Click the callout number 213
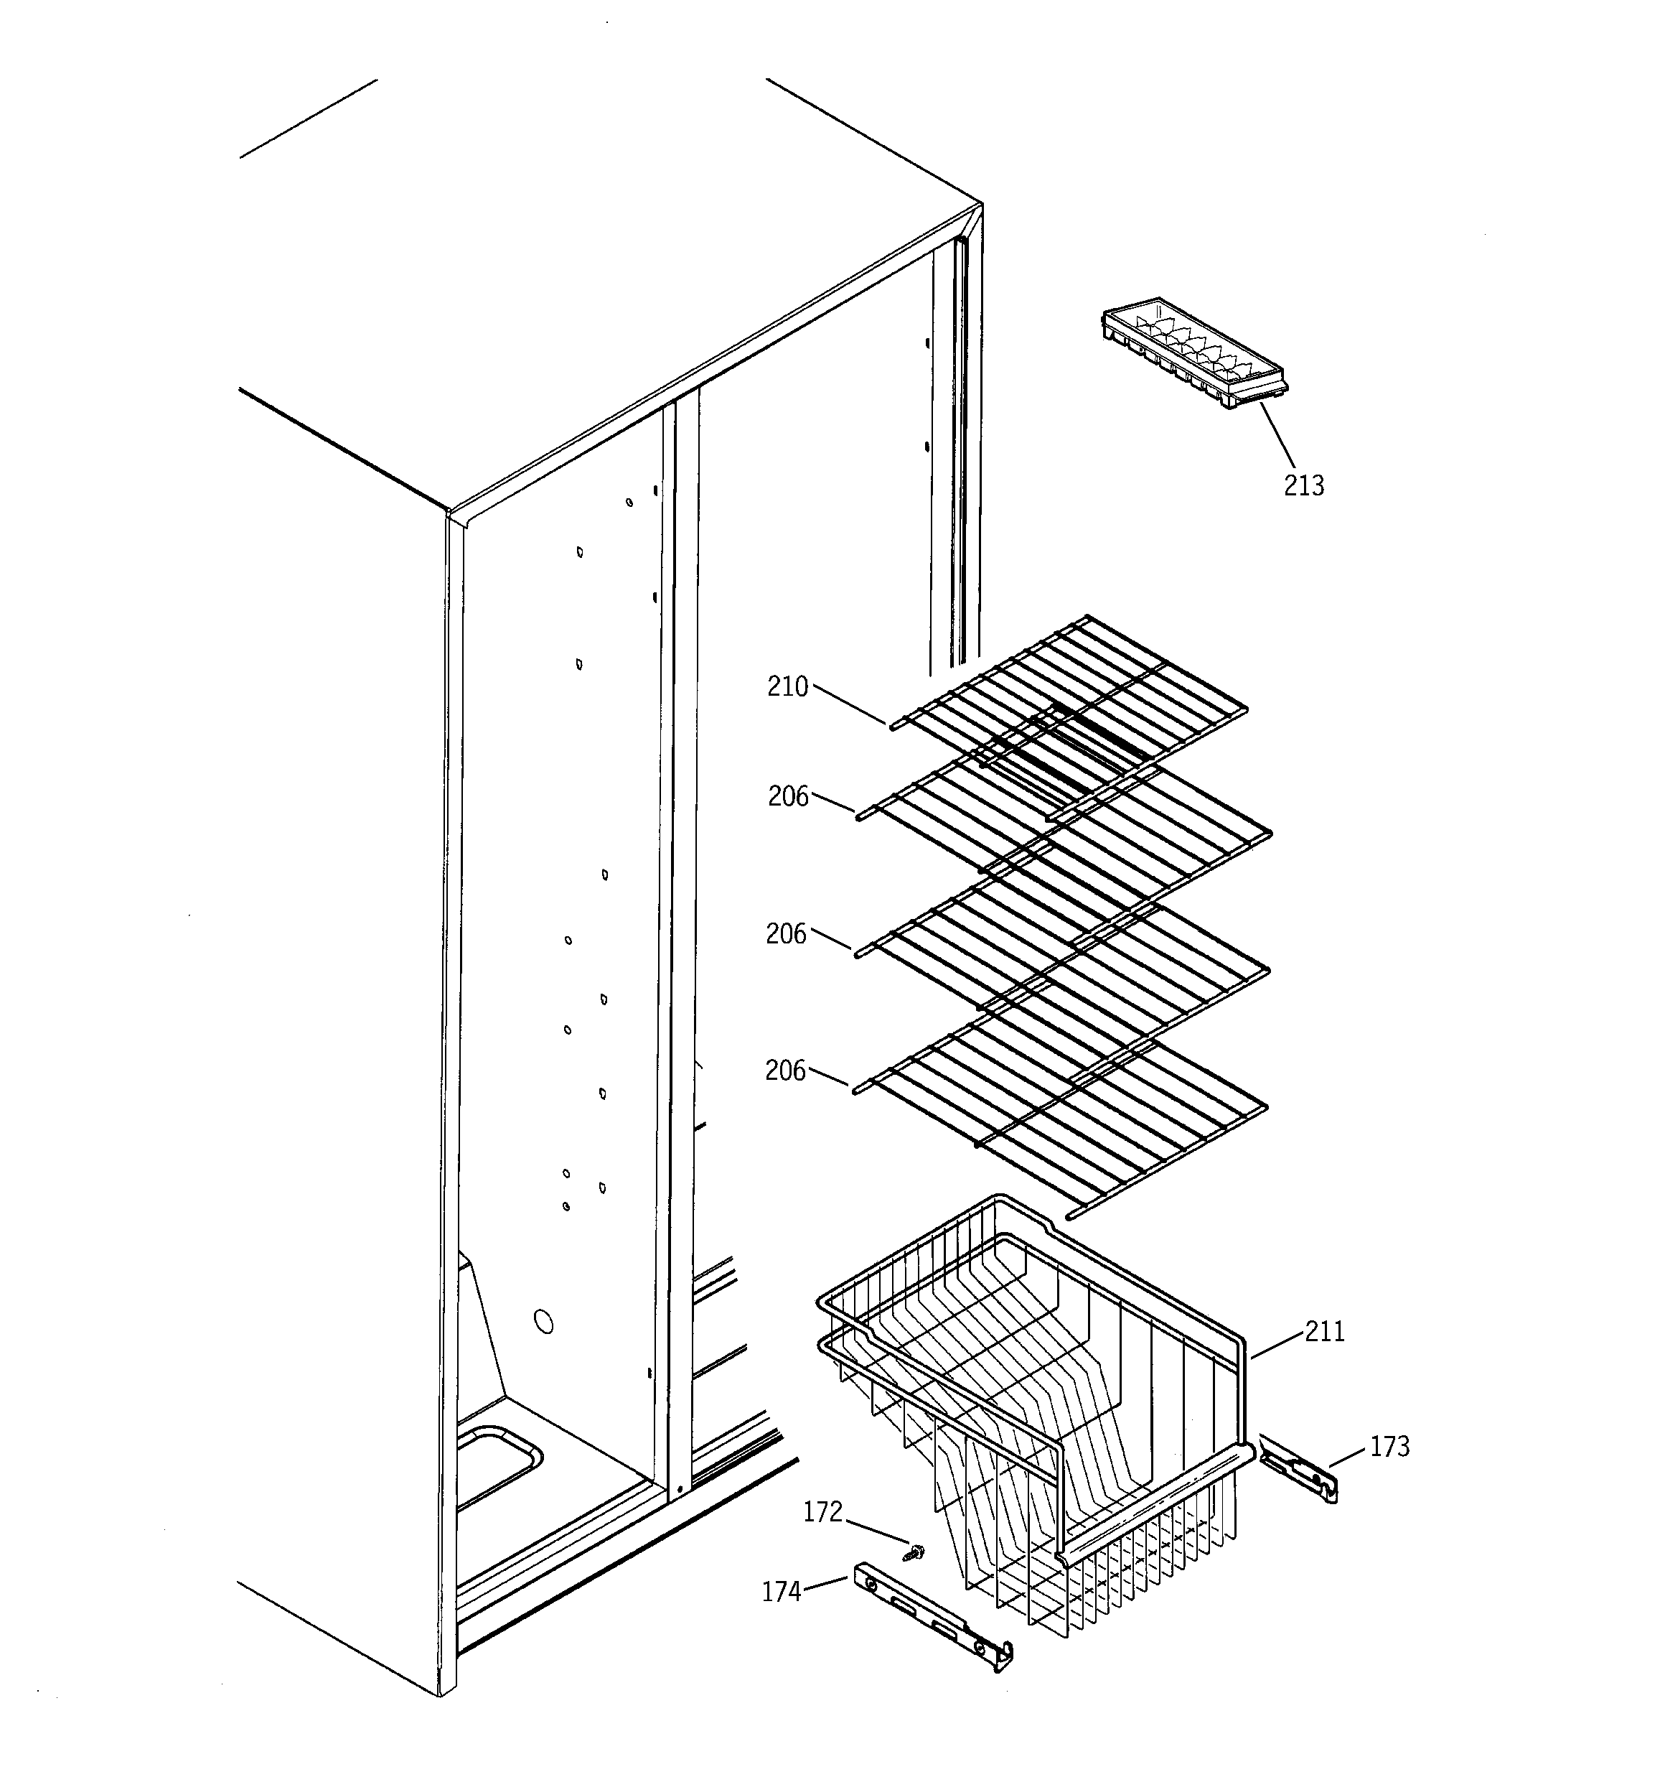point(1304,485)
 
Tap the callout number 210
point(787,687)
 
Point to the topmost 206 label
point(788,796)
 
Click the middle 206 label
point(787,934)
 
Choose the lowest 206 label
point(786,1071)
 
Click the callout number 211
point(1325,1333)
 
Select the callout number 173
point(1389,1446)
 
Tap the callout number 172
point(823,1511)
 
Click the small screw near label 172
point(915,1554)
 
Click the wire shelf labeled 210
point(1072,706)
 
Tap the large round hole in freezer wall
point(543,1321)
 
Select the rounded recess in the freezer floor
point(496,1468)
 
